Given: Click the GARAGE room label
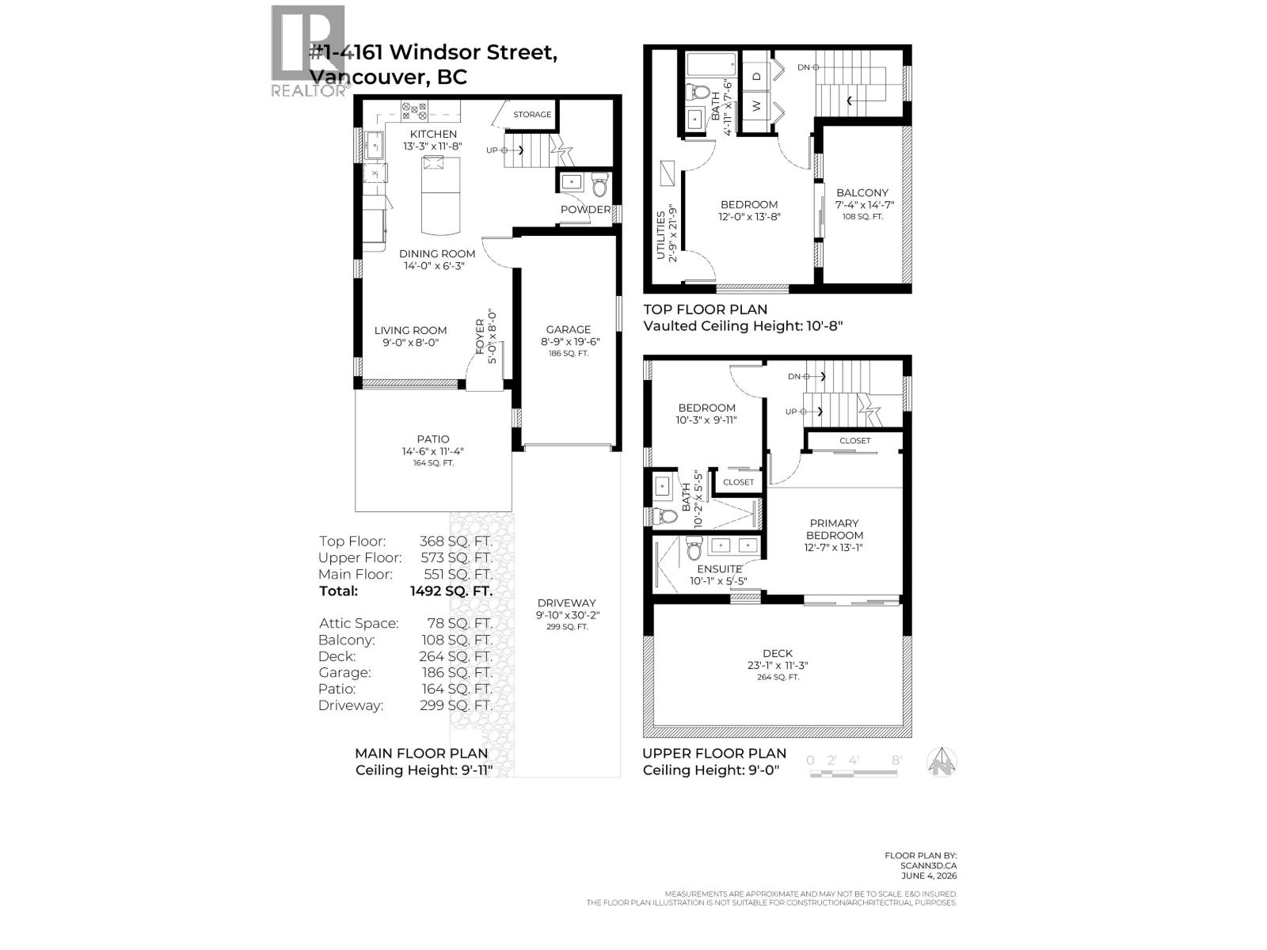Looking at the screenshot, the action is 568,329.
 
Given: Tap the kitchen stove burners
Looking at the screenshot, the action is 414,111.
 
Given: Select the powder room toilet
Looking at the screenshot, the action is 600,184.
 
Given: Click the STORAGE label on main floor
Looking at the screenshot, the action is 532,114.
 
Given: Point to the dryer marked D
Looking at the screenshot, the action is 757,76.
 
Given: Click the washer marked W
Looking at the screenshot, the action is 757,106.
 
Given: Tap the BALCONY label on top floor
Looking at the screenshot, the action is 862,192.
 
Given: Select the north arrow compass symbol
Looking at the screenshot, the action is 942,762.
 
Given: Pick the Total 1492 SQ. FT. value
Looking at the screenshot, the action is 451,591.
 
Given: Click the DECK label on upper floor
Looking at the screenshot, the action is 778,653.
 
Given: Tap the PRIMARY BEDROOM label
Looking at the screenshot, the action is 834,529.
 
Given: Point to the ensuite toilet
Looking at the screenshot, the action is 694,547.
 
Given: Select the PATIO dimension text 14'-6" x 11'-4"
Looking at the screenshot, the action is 433,451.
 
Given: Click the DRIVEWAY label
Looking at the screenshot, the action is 567,602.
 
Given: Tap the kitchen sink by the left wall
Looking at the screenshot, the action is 374,145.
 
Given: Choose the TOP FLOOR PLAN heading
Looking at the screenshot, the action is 706,310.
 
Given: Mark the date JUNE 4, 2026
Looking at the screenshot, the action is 929,876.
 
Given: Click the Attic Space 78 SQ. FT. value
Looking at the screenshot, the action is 459,623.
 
